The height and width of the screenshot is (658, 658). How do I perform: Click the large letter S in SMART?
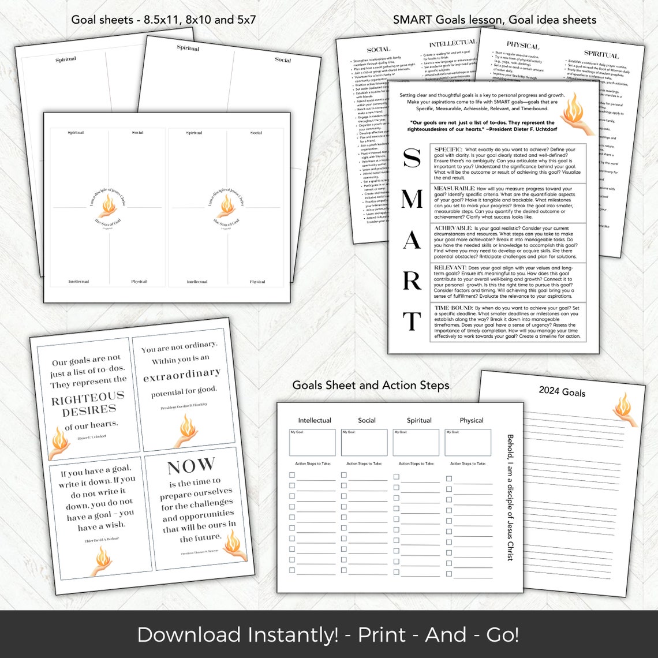(x=411, y=158)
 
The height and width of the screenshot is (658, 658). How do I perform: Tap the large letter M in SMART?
(x=411, y=199)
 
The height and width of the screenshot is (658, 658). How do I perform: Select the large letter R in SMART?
(x=412, y=281)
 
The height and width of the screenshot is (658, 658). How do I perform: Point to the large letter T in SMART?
(x=412, y=321)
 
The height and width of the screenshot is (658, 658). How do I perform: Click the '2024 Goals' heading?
(x=562, y=392)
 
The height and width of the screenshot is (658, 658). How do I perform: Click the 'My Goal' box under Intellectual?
(x=312, y=442)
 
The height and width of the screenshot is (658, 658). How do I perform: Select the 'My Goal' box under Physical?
(x=468, y=442)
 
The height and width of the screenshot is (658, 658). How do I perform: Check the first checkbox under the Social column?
(x=344, y=476)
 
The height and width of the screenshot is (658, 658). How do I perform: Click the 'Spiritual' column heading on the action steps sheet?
(x=419, y=420)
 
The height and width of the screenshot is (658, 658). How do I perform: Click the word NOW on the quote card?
(x=191, y=466)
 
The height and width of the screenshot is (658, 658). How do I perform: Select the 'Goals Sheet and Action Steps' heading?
(x=371, y=385)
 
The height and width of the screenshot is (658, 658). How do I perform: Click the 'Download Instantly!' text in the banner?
(x=237, y=634)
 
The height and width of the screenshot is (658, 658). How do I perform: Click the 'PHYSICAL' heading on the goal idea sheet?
(x=522, y=46)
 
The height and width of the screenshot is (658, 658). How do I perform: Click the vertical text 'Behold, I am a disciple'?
(x=510, y=497)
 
